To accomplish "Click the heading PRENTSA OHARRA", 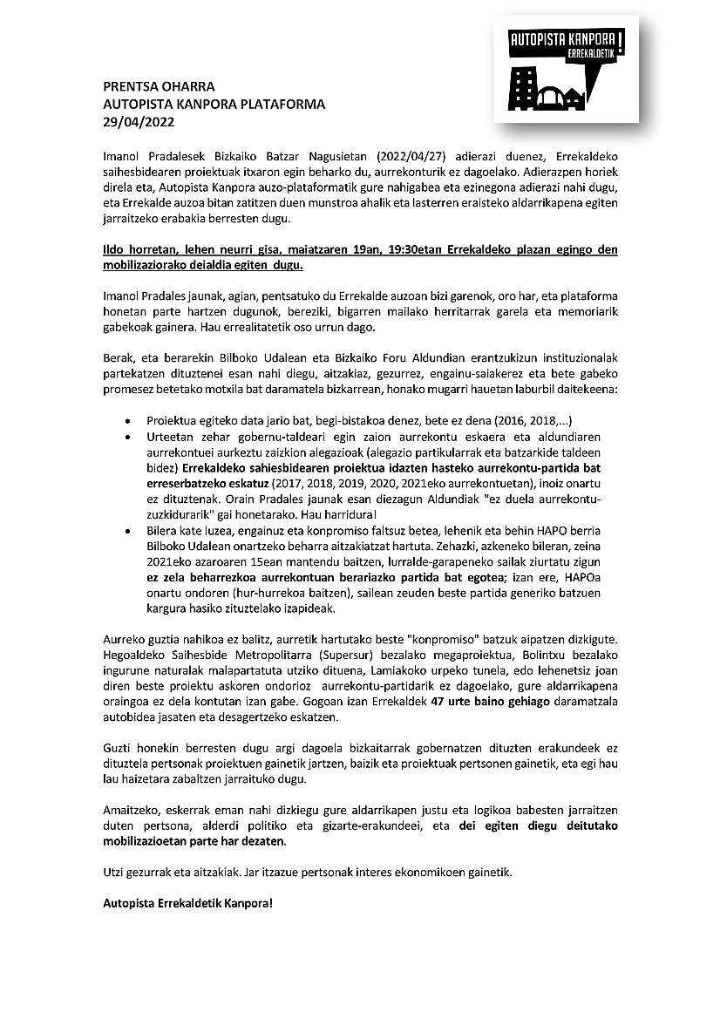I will coord(158,86).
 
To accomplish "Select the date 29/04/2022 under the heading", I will coord(131,121).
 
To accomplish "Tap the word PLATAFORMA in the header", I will coord(283,104).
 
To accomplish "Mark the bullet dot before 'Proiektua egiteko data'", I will coord(129,418).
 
